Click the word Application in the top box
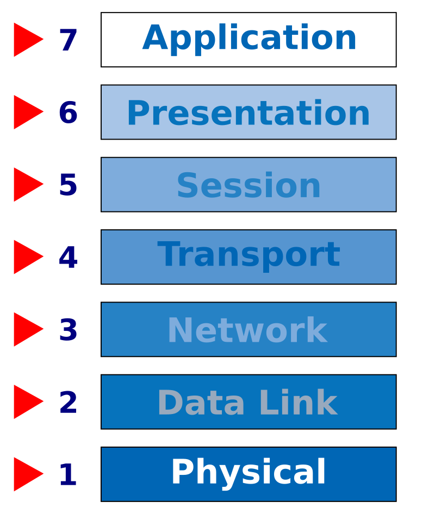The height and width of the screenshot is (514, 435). click(250, 39)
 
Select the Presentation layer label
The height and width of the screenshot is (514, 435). click(248, 114)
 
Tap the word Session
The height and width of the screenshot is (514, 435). click(248, 186)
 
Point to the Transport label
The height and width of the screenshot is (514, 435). click(248, 255)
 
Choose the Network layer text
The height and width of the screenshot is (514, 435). click(247, 331)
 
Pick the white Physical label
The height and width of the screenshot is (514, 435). click(248, 473)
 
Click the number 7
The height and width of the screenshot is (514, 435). click(69, 41)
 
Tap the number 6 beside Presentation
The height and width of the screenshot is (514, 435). click(68, 114)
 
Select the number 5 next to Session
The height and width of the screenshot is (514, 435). click(68, 186)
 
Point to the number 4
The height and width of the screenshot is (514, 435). click(68, 258)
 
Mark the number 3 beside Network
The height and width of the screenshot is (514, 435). click(68, 330)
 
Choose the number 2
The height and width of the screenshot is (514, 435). click(68, 403)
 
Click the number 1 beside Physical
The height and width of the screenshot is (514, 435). click(68, 475)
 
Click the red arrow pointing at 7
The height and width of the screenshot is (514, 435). click(26, 40)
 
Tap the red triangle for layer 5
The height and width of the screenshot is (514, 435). click(26, 185)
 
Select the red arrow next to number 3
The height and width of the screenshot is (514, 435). click(26, 329)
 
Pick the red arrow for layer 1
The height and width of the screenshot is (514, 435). click(26, 474)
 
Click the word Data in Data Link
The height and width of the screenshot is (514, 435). click(201, 404)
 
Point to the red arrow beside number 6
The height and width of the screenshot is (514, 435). click(26, 112)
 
